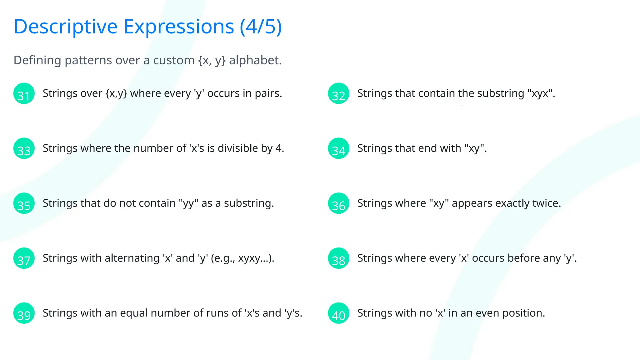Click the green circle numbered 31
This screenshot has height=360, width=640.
[x=24, y=93]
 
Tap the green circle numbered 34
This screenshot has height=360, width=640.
[x=338, y=148]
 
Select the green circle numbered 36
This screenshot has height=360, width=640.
[x=338, y=203]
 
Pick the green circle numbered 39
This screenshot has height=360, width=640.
[x=24, y=313]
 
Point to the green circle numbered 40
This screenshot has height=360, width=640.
[x=338, y=313]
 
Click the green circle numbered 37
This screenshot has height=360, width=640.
[x=24, y=258]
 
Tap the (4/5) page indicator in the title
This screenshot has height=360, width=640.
[x=261, y=27]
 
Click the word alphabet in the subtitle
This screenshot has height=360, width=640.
[x=255, y=60]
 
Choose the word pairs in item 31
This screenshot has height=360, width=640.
[x=268, y=93]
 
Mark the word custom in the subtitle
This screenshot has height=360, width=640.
[x=174, y=60]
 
